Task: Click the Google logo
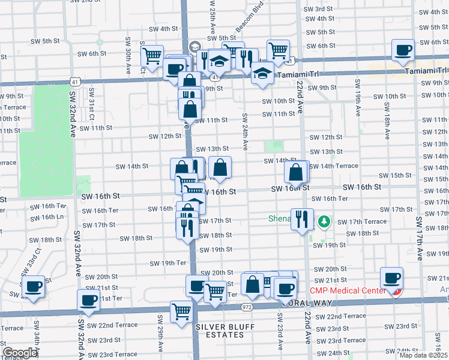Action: [x=20, y=353]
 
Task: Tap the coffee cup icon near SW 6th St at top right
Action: [x=403, y=50]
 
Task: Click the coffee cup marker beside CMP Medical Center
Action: [x=392, y=278]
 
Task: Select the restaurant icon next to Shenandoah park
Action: [x=302, y=219]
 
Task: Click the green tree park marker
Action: [x=325, y=222]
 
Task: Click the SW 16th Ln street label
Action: [x=52, y=217]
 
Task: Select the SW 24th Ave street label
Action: [x=245, y=131]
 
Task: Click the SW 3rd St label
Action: [x=319, y=9]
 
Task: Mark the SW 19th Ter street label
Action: [x=167, y=263]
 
